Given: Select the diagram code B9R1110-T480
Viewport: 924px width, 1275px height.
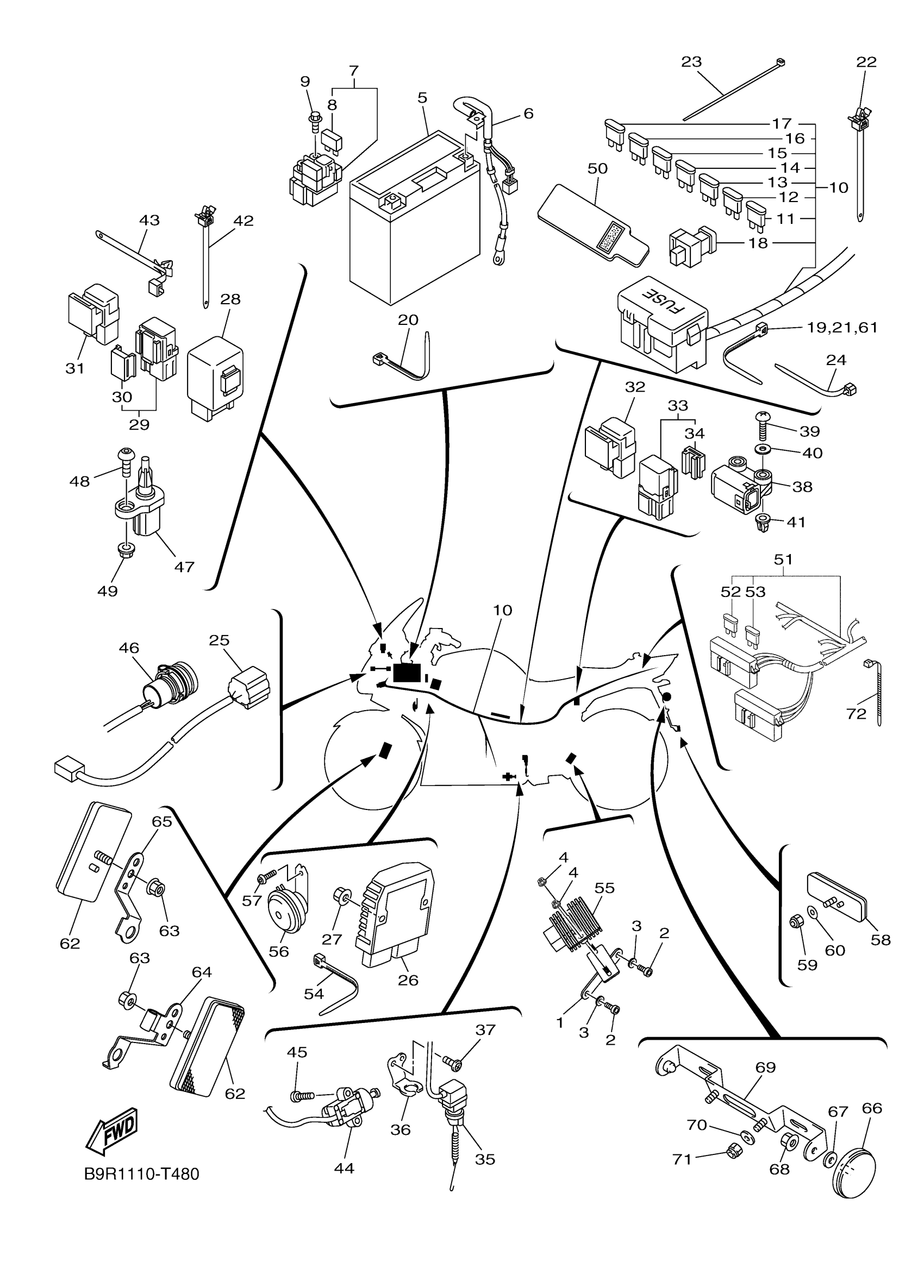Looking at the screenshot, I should pyautogui.click(x=142, y=1174).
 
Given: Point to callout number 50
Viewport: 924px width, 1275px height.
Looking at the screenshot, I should pyautogui.click(x=597, y=168).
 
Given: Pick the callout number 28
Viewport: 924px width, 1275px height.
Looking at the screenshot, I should pyautogui.click(x=230, y=299).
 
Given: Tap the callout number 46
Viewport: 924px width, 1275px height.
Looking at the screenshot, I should pyautogui.click(x=129, y=648).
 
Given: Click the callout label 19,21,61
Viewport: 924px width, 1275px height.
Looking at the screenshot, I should pyautogui.click(x=842, y=327).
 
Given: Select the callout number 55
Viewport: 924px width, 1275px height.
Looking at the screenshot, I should pyautogui.click(x=604, y=888).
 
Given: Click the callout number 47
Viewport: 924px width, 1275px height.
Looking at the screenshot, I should pyautogui.click(x=184, y=567).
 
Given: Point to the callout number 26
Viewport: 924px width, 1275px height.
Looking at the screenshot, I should pyautogui.click(x=408, y=980).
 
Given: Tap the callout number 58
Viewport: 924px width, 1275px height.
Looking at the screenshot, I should pyautogui.click(x=880, y=939).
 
